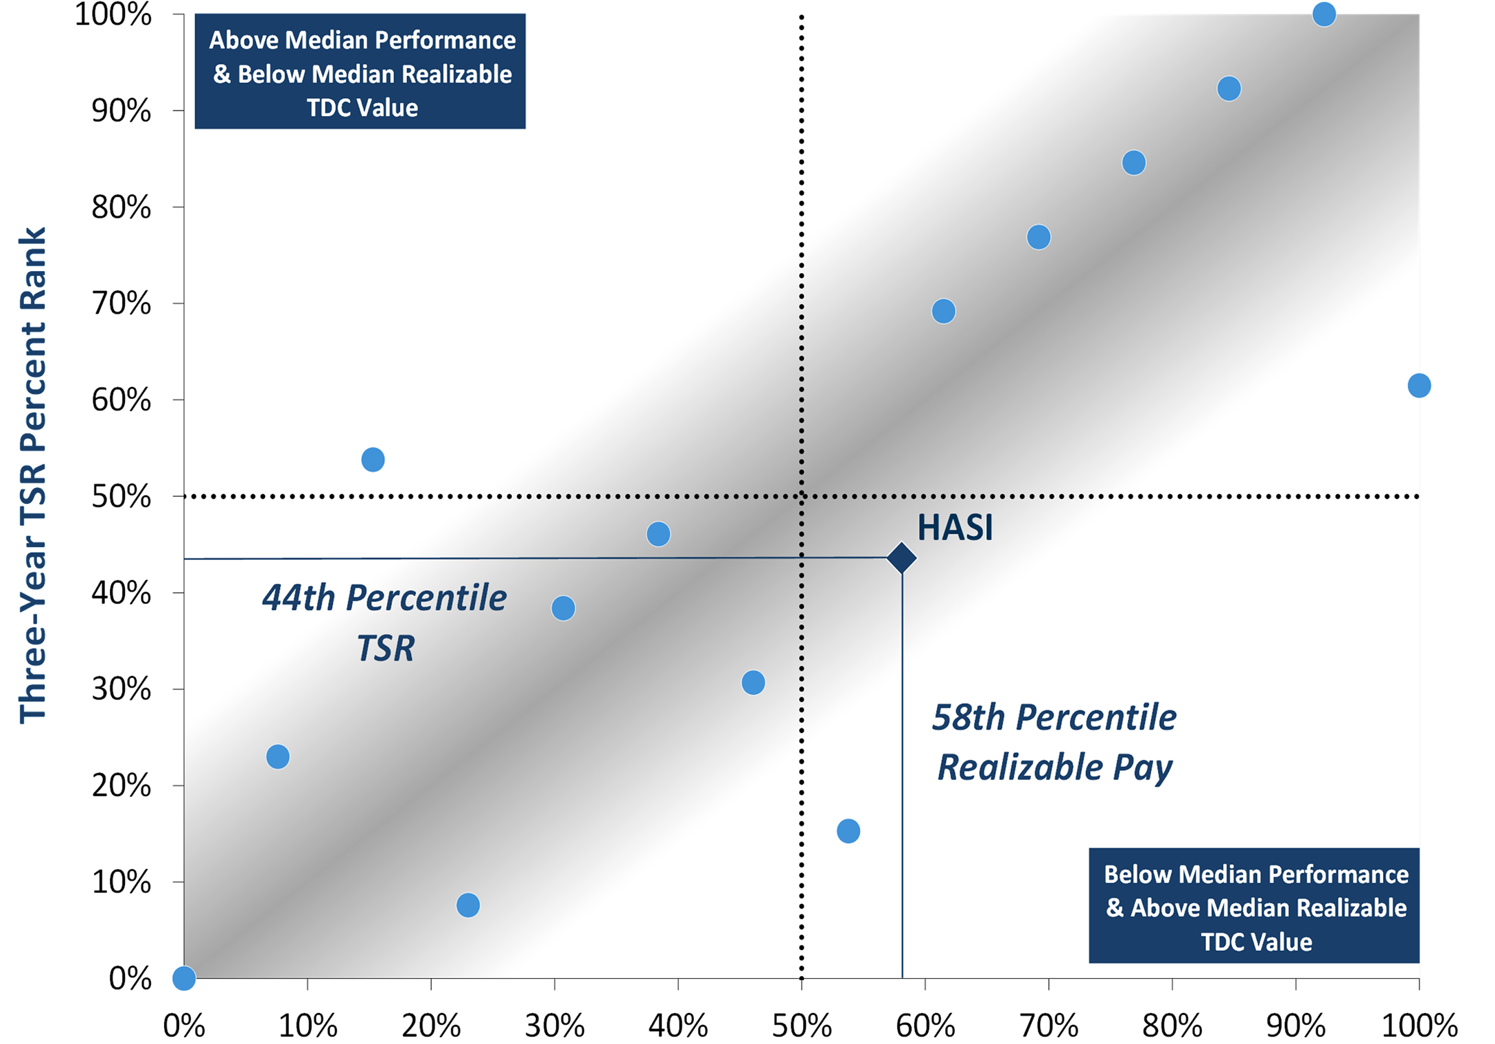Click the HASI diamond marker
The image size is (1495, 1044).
coord(901,557)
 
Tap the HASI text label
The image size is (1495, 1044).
coord(955,528)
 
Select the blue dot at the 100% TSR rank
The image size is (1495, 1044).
coord(1324,14)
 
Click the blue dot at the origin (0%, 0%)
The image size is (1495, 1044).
coord(184,978)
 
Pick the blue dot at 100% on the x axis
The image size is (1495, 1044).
coord(1419,385)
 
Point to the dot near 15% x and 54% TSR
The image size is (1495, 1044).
coord(373,459)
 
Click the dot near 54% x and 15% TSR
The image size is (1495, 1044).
coord(848,831)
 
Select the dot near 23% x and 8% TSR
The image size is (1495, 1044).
coord(468,905)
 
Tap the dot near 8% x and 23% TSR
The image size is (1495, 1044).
coord(278,756)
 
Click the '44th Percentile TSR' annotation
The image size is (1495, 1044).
coord(384,622)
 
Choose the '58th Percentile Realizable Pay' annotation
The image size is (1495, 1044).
coord(1054,742)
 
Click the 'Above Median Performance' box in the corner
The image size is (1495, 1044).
coord(360,71)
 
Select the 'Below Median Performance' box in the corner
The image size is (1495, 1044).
coord(1254,906)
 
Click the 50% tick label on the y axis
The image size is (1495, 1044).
coord(121,496)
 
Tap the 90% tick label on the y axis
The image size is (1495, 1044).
coord(121,111)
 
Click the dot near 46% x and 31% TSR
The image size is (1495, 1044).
coord(753,682)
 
